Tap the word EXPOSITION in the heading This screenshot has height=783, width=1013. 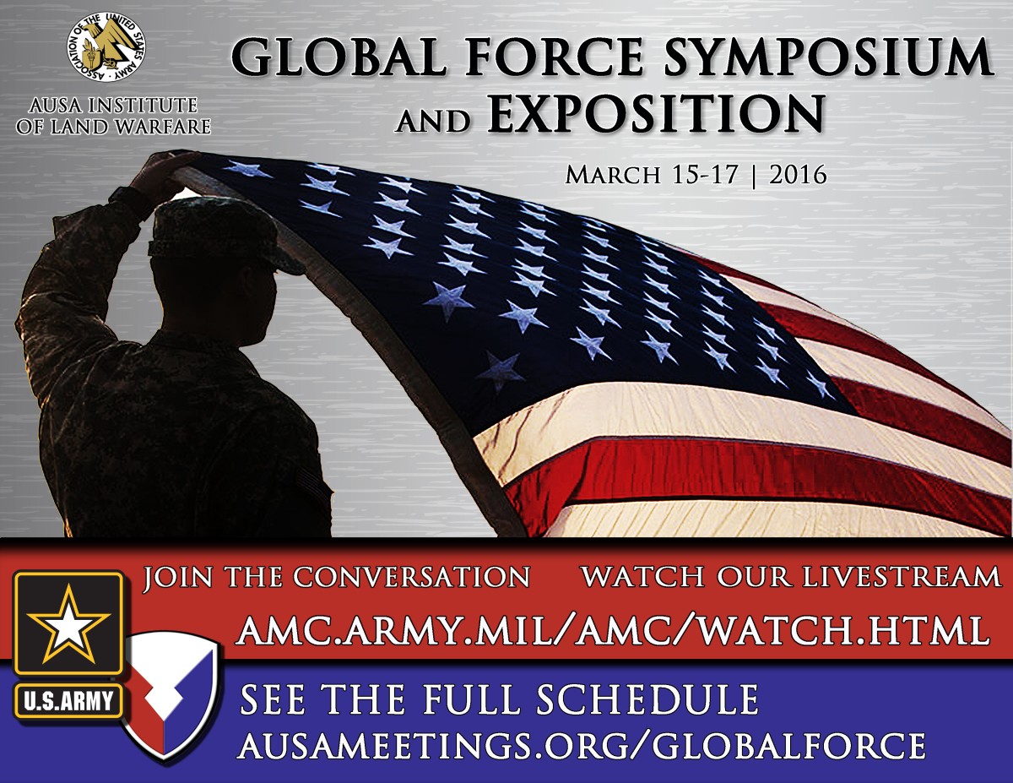click(655, 114)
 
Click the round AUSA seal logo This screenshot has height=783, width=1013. click(106, 47)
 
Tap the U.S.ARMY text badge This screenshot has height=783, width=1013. click(68, 699)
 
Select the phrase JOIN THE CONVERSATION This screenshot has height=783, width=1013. click(336, 577)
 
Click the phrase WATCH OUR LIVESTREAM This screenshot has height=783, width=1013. click(791, 577)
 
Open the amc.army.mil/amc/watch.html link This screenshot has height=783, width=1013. click(613, 629)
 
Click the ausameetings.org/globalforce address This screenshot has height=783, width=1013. click(582, 745)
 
